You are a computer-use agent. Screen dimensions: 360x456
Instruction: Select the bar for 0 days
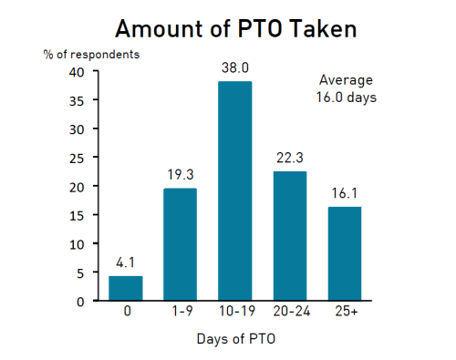pos(126,288)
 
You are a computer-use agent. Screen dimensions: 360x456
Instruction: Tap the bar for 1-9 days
pos(180,244)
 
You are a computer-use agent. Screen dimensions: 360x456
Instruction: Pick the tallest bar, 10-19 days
pos(234,191)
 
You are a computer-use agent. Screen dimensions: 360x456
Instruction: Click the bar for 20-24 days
pos(289,236)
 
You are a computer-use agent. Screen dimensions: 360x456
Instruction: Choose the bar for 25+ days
pos(344,253)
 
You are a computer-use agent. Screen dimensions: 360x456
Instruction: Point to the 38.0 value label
pos(234,67)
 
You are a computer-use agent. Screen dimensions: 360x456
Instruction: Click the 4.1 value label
pos(126,262)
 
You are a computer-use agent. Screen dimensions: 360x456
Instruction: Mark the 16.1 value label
pos(344,193)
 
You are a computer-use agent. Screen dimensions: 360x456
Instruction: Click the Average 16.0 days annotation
pos(347,88)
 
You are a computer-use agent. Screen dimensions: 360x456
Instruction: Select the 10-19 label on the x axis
pos(234,313)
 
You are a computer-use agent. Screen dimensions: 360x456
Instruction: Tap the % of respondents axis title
pos(91,54)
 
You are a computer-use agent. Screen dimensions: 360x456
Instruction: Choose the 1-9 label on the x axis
pos(180,313)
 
